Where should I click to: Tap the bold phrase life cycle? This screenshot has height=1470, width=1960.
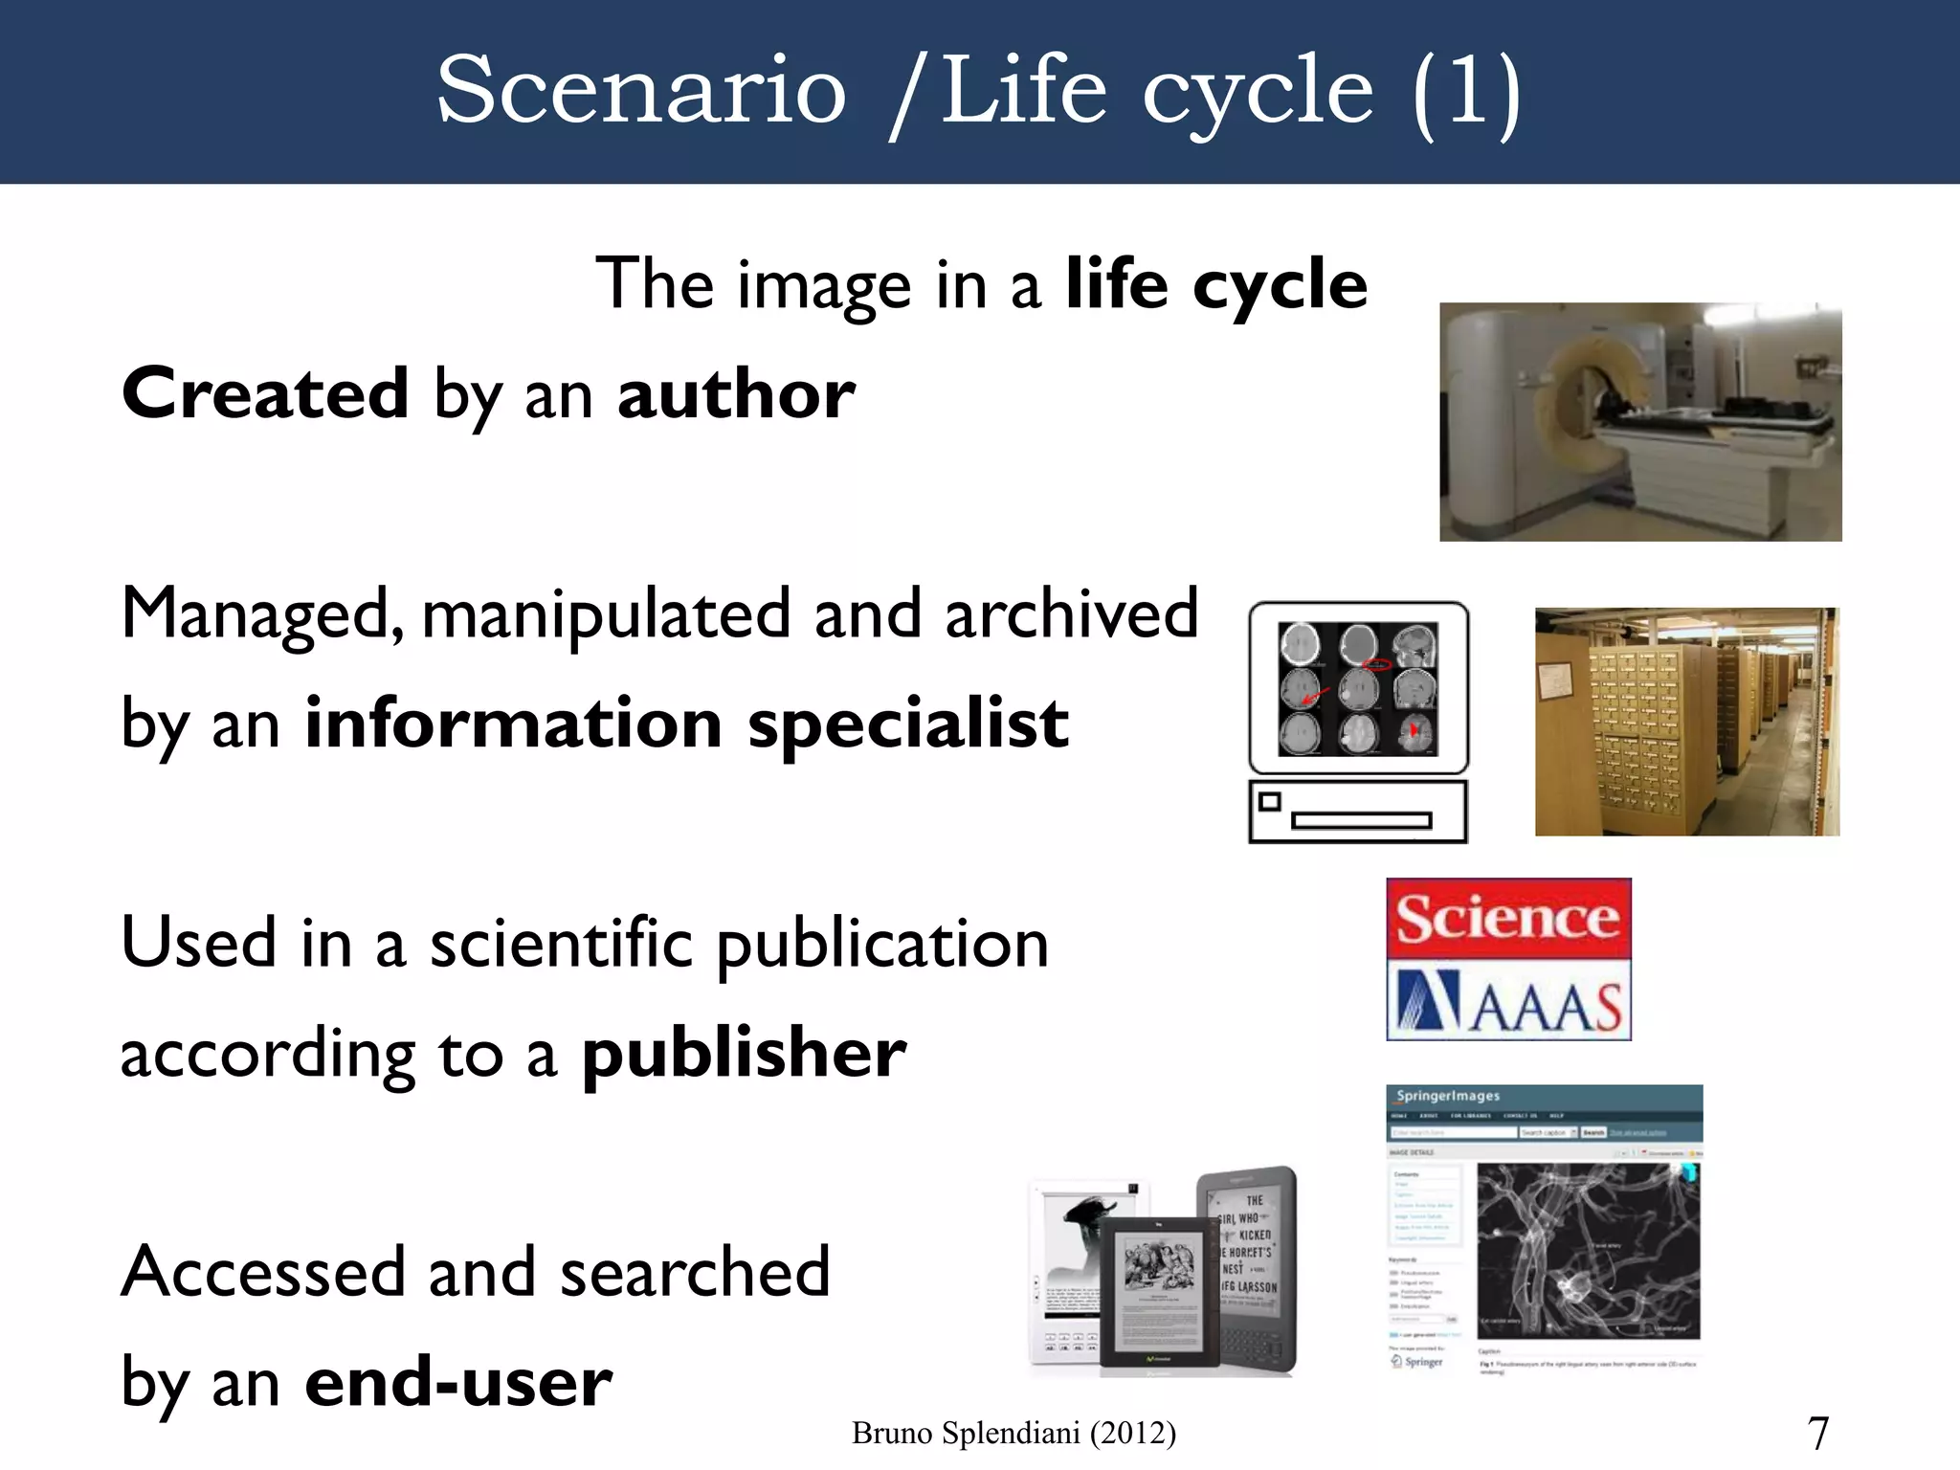click(1216, 285)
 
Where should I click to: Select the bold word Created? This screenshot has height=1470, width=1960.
click(265, 393)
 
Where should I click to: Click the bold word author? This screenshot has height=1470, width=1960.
click(736, 394)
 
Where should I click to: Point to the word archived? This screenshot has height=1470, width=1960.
click(1071, 613)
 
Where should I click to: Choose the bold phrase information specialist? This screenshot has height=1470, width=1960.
click(686, 724)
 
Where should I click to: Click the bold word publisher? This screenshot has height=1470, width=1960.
click(744, 1054)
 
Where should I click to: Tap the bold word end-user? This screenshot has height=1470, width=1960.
click(458, 1383)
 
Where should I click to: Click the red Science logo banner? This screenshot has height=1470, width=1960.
click(1508, 918)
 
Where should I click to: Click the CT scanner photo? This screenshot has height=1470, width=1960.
click(1640, 422)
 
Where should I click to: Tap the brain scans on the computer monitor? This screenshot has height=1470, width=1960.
click(1358, 687)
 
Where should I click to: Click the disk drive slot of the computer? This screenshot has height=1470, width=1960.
click(1361, 820)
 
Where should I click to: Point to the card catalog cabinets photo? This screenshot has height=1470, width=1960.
click(1686, 722)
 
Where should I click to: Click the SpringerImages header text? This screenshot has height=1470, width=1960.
click(1447, 1097)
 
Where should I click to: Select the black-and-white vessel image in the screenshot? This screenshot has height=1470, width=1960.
click(1588, 1250)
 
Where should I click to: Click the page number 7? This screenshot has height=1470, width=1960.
click(1817, 1433)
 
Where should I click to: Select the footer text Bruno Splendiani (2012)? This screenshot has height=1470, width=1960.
click(1013, 1433)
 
